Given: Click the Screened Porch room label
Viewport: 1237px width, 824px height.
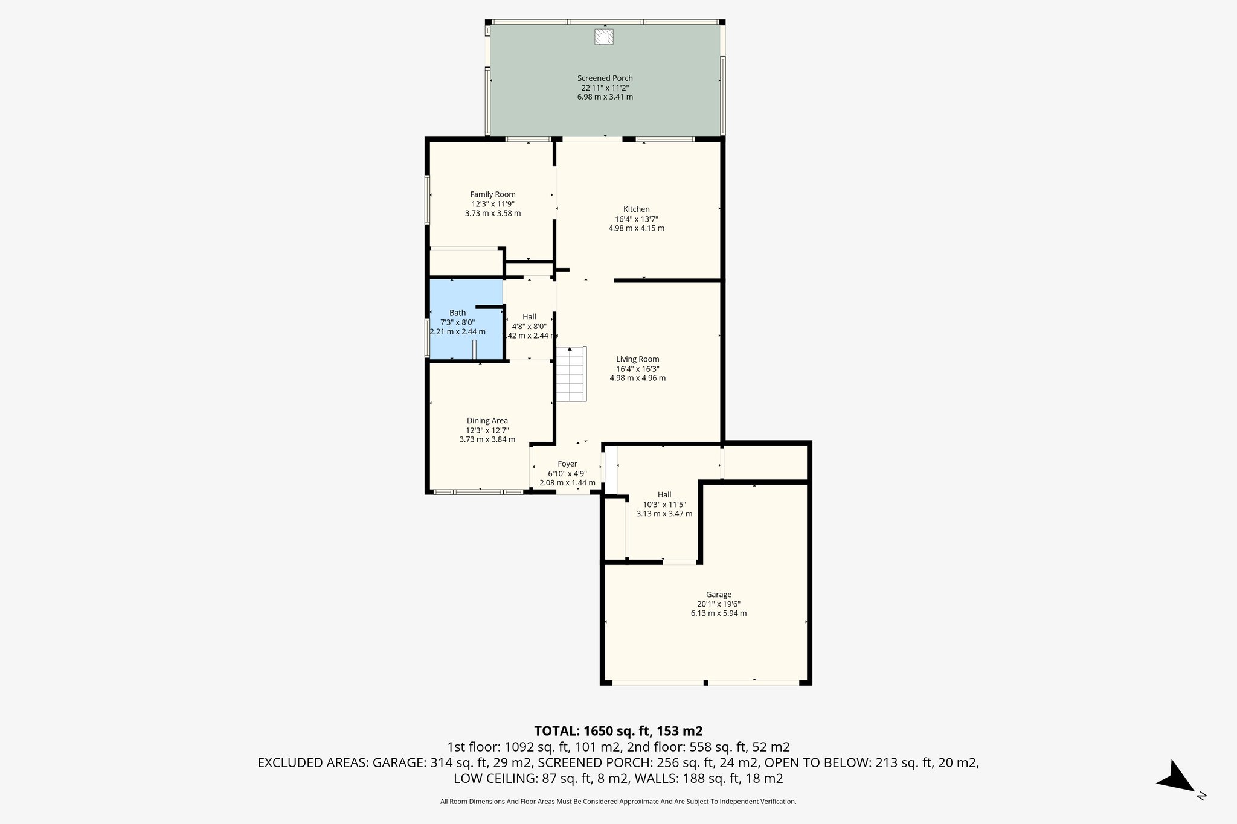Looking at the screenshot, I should [x=605, y=78].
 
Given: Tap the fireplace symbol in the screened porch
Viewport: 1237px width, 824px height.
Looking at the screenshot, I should [x=604, y=37].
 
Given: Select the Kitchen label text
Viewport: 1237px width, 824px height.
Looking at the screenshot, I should [x=636, y=209].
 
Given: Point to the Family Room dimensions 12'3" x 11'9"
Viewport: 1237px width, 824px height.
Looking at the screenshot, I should [x=493, y=204].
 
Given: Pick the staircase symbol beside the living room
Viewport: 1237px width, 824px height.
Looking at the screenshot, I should [x=571, y=374].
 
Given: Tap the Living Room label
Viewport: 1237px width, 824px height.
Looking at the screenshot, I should [x=637, y=359].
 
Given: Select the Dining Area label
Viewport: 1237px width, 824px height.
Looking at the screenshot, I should [x=487, y=421].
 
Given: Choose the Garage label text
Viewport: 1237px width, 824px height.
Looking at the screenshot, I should [x=718, y=595].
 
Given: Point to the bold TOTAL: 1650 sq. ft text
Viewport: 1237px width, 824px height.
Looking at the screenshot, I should [x=618, y=731].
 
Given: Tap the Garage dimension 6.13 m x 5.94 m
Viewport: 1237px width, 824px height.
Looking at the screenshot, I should [x=718, y=613].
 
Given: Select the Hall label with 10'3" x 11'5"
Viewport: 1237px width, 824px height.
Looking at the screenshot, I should [x=664, y=495].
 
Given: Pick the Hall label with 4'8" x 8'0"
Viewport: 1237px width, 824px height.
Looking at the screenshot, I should [x=529, y=317].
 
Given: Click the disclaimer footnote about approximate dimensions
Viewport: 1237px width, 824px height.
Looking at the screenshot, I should [x=618, y=802].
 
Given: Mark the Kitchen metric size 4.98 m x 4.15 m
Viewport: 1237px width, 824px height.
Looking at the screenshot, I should [x=636, y=228].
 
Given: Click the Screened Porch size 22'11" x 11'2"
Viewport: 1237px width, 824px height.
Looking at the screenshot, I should [x=605, y=88].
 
